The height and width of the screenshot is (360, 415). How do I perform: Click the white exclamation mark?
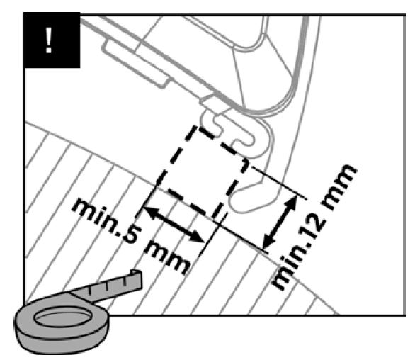tap(48, 40)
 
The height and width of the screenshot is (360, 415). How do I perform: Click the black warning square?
tap(52, 40)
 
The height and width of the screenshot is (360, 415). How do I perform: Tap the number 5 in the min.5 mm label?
tap(129, 234)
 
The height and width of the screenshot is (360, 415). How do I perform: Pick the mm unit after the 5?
tap(166, 258)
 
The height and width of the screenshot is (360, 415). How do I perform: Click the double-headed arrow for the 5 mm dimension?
tap(174, 225)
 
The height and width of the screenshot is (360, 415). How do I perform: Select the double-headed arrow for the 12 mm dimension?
tap(280, 222)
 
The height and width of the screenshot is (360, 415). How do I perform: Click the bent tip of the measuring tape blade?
tap(137, 278)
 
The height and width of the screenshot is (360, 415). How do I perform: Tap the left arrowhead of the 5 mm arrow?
tap(150, 211)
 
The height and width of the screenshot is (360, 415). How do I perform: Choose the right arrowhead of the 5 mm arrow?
tap(197, 237)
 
